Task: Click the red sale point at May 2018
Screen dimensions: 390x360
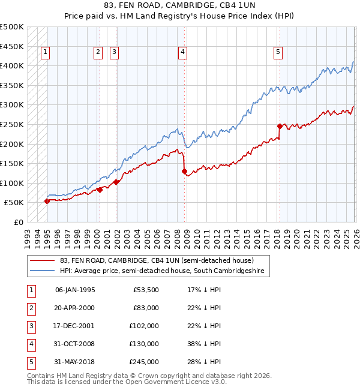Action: pyautogui.click(x=280, y=126)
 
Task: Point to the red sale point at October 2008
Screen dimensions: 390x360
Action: pyautogui.click(x=184, y=171)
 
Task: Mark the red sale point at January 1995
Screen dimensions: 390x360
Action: pyautogui.click(x=47, y=202)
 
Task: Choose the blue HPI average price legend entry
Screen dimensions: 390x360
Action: pyautogui.click(x=162, y=271)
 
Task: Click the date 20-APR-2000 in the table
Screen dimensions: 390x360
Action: pyautogui.click(x=74, y=308)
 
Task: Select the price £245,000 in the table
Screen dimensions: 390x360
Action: pyautogui.click(x=146, y=362)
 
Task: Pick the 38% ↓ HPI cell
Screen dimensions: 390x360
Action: pyautogui.click(x=204, y=344)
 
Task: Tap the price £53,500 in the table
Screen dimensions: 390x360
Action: pyautogui.click(x=146, y=290)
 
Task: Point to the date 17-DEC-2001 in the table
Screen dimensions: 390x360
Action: pyautogui.click(x=74, y=326)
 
